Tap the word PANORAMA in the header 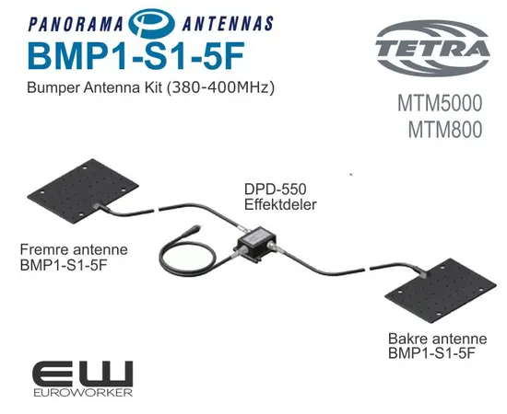coord(76,24)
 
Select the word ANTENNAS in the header coord(228,24)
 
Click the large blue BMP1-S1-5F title coord(136,56)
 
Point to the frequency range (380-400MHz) coord(220,87)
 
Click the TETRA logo coord(432,48)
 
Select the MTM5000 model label coord(440,103)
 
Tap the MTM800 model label coord(445,130)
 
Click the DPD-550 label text coord(276,190)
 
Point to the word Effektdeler coord(280,204)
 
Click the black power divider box coord(257,243)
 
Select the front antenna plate coord(83,191)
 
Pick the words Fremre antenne coord(74,249)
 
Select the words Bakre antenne coord(437,339)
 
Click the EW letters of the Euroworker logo coord(83,374)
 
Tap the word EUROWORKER coord(83,393)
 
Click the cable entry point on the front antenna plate coord(96,205)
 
